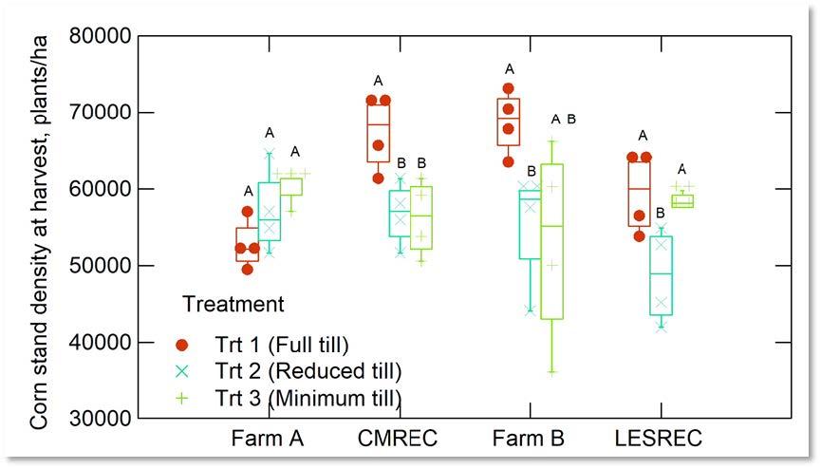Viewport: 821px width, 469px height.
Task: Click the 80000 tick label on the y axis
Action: (x=98, y=36)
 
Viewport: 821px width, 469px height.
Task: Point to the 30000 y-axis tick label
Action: (x=98, y=419)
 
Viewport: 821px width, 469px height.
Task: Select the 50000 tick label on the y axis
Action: (x=98, y=266)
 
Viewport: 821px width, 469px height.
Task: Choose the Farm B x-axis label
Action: (x=528, y=440)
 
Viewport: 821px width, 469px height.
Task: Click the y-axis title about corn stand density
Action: (x=40, y=228)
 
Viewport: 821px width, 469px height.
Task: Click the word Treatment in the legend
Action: (x=232, y=305)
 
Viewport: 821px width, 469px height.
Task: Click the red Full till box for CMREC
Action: (x=379, y=128)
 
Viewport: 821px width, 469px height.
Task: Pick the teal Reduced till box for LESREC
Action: (x=661, y=275)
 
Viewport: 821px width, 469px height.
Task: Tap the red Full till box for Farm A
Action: (x=248, y=244)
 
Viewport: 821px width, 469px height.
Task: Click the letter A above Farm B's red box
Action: (x=509, y=68)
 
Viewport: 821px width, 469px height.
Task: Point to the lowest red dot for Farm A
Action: (x=248, y=269)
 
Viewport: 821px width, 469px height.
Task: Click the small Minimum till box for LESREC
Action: (x=682, y=200)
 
